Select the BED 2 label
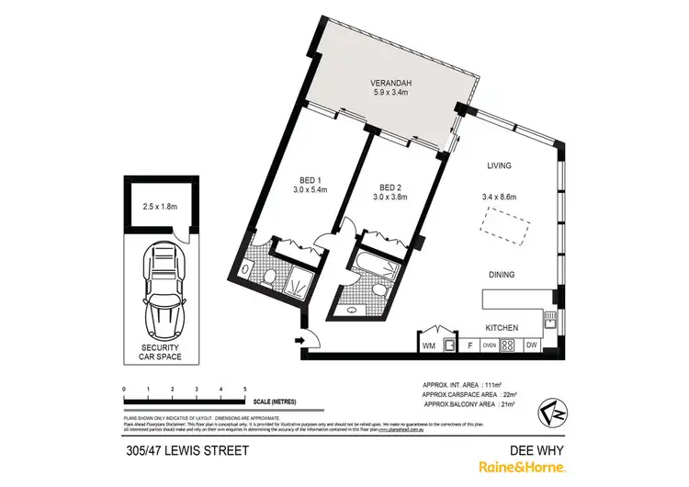pyautogui.click(x=388, y=186)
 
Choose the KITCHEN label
pyautogui.click(x=502, y=328)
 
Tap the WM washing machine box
pyautogui.click(x=429, y=346)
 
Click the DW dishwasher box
pyautogui.click(x=531, y=346)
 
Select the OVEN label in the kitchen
pyautogui.click(x=489, y=346)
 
